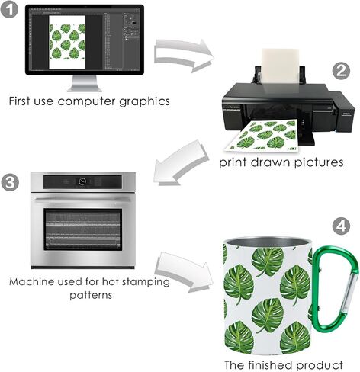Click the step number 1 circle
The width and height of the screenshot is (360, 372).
[x=9, y=9]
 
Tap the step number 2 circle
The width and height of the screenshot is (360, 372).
[x=341, y=70]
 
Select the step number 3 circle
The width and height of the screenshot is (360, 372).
[x=10, y=182]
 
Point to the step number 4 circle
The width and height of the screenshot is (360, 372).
[x=341, y=226]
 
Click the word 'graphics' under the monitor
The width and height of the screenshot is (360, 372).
[x=144, y=101]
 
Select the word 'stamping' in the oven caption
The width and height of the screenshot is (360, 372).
[x=146, y=282]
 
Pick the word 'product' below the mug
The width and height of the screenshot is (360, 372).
[x=320, y=364]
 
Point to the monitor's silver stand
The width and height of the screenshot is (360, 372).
[x=85, y=83]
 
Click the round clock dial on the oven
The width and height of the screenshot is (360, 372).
[x=82, y=181]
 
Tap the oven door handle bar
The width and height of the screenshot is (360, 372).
[x=82, y=200]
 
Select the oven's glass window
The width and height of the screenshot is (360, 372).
[x=82, y=229]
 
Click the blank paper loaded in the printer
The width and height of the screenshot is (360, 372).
[x=280, y=66]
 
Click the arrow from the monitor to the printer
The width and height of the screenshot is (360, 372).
[x=184, y=55]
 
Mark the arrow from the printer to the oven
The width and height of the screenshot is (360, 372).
[x=180, y=162]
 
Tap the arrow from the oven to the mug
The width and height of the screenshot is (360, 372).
[x=187, y=272]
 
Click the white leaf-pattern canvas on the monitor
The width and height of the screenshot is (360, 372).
[x=67, y=42]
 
